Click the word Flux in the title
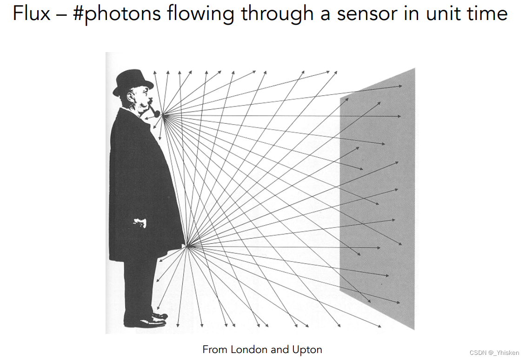tap(31, 13)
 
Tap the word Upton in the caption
tap(307, 349)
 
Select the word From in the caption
tap(215, 349)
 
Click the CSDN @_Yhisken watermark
tap(494, 353)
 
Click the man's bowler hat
tap(133, 81)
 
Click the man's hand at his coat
tap(140, 224)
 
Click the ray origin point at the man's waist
tap(187, 246)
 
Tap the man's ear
tap(132, 97)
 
